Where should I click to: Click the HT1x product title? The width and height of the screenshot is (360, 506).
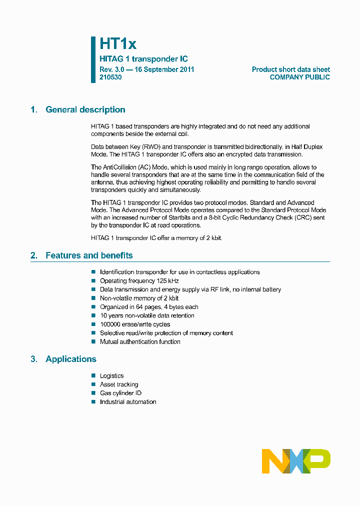click(x=118, y=44)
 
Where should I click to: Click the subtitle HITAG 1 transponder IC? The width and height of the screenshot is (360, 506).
click(x=143, y=59)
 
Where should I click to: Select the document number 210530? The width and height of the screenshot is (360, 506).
click(x=110, y=77)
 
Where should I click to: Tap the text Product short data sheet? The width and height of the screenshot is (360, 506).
click(x=290, y=69)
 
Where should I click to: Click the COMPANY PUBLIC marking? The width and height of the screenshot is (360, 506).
click(x=299, y=77)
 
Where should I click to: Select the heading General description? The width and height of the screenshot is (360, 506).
click(x=85, y=110)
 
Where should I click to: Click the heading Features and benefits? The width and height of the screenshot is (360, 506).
click(x=89, y=255)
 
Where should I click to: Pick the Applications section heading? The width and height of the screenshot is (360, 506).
click(x=70, y=359)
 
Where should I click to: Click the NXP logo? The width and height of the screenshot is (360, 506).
click(x=296, y=461)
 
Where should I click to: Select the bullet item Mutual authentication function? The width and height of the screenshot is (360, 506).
click(x=140, y=342)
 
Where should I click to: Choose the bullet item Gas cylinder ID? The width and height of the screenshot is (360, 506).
click(x=120, y=393)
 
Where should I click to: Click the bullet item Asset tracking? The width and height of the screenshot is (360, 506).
click(x=119, y=384)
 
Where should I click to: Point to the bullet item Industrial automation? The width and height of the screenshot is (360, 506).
click(x=128, y=402)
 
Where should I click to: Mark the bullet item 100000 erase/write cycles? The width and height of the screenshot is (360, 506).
click(x=135, y=324)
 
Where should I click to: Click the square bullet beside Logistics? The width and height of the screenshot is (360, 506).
click(x=93, y=375)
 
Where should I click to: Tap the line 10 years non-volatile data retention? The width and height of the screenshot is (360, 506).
click(x=147, y=316)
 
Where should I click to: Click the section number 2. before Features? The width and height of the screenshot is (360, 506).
click(x=33, y=255)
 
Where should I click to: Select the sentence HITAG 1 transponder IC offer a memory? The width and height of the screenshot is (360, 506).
click(x=156, y=238)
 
